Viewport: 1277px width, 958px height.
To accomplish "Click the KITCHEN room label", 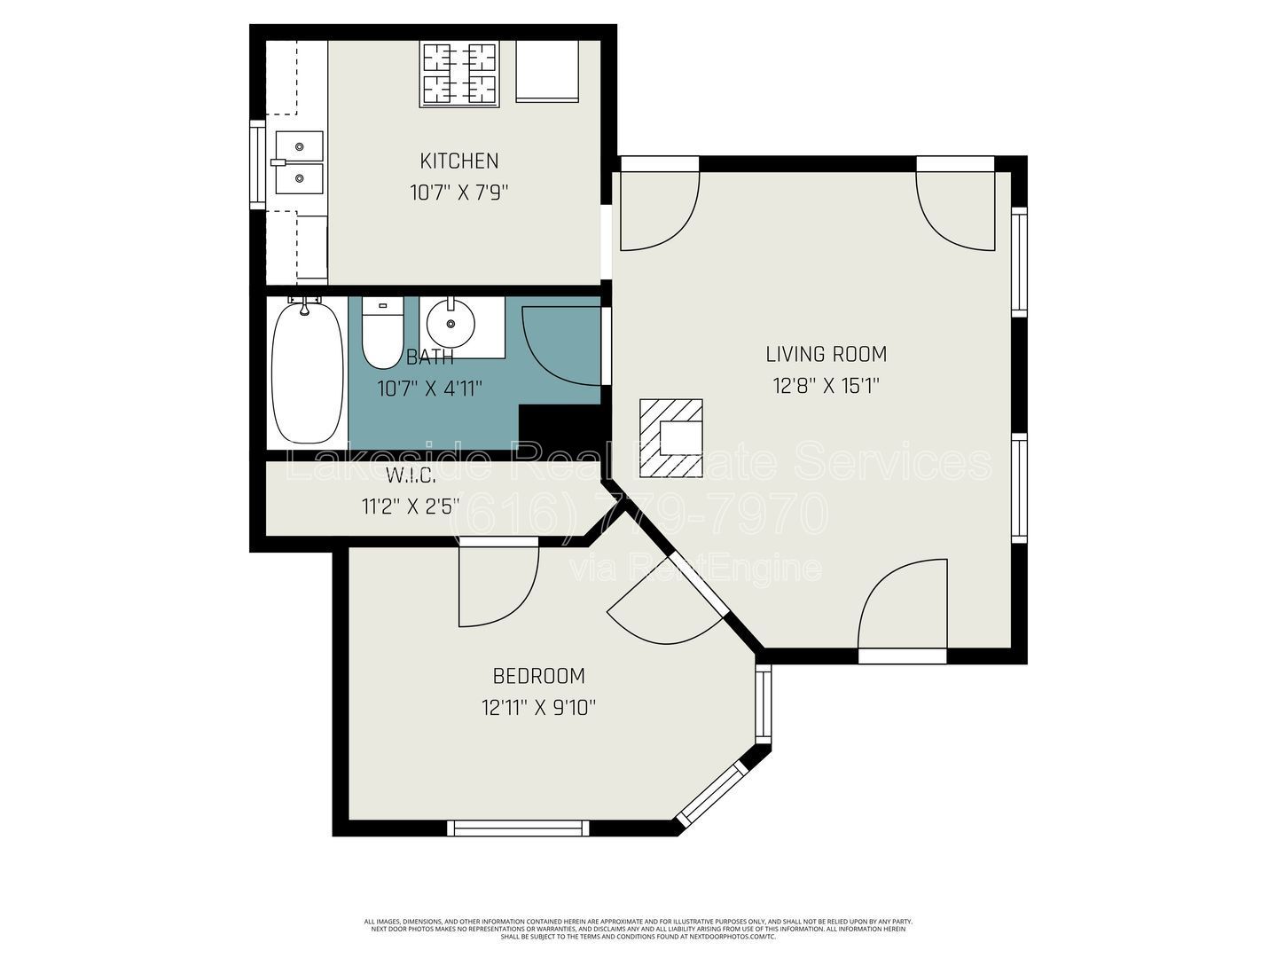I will (x=458, y=161).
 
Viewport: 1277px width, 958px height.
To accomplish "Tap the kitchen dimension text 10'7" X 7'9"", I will (x=458, y=192).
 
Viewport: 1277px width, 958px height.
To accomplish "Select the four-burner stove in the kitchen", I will (x=458, y=75).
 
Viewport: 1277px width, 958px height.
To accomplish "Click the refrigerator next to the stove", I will (x=547, y=71).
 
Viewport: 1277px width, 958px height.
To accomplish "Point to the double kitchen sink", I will (x=299, y=162).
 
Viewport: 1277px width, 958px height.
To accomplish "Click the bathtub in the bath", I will (x=307, y=371).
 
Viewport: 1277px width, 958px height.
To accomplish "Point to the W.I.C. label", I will (x=411, y=475).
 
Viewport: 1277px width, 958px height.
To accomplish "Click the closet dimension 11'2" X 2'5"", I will (x=411, y=506).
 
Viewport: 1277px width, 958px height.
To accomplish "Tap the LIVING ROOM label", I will (x=826, y=354).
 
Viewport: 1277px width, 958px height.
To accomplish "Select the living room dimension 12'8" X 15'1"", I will (x=826, y=386).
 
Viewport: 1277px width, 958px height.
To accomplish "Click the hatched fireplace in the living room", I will (x=671, y=437).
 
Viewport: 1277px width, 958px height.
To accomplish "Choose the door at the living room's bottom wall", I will (x=903, y=612).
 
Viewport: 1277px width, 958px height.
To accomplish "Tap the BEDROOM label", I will (x=538, y=676).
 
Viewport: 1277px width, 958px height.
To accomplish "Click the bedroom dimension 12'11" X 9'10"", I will (x=538, y=708).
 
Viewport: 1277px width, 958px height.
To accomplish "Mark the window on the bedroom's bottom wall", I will (x=518, y=828).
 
